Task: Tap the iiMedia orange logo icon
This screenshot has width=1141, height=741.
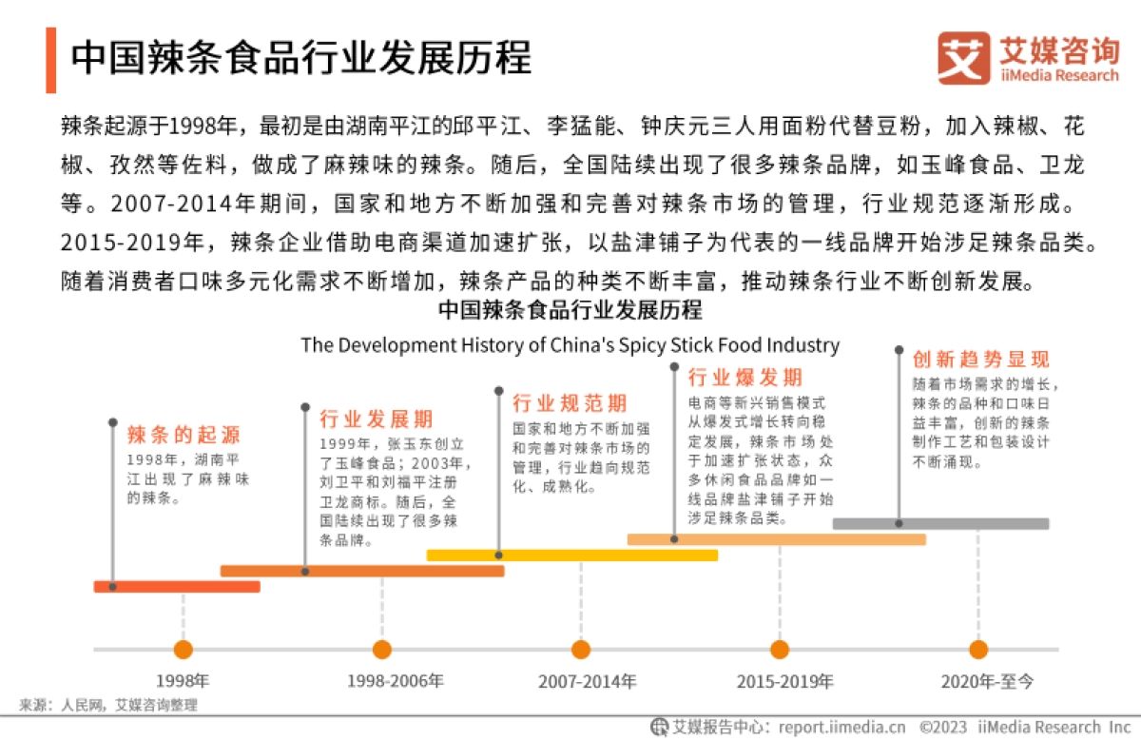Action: (962, 58)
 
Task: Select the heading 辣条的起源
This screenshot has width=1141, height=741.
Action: (184, 436)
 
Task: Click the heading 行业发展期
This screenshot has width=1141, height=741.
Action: (377, 419)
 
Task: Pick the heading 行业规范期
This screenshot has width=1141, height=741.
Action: (570, 402)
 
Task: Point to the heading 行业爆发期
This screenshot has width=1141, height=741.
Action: (745, 378)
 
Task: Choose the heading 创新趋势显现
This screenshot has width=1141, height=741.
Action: (980, 360)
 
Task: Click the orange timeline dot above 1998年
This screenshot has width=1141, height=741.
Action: (183, 650)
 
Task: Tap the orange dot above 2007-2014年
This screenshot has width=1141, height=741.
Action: (581, 650)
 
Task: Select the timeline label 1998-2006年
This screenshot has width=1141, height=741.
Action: (395, 681)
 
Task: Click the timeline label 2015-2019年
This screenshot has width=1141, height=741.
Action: (784, 681)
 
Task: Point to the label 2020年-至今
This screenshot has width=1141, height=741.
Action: (986, 681)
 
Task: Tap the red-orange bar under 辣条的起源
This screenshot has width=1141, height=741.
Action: (176, 586)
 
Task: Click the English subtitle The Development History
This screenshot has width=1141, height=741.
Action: (570, 344)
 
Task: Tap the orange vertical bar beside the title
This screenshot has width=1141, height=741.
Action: (50, 60)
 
